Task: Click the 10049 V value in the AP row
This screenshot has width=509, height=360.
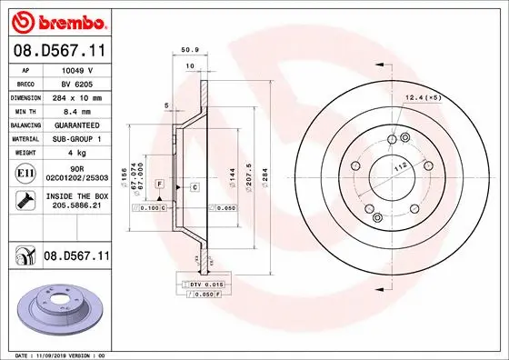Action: pos(75,68)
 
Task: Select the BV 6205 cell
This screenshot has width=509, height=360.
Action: pos(75,82)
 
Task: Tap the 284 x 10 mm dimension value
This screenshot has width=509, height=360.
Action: pos(76,95)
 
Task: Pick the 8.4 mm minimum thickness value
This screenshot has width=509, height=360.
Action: pos(76,110)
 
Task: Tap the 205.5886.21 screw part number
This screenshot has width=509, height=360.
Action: pos(75,206)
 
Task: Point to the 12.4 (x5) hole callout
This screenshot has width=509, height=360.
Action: pos(422,96)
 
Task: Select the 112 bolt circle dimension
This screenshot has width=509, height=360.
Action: pos(397,168)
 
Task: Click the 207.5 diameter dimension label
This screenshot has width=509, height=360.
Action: pos(248,168)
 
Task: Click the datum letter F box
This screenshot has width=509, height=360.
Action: pos(159,184)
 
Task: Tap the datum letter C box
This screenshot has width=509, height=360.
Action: pos(195,186)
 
